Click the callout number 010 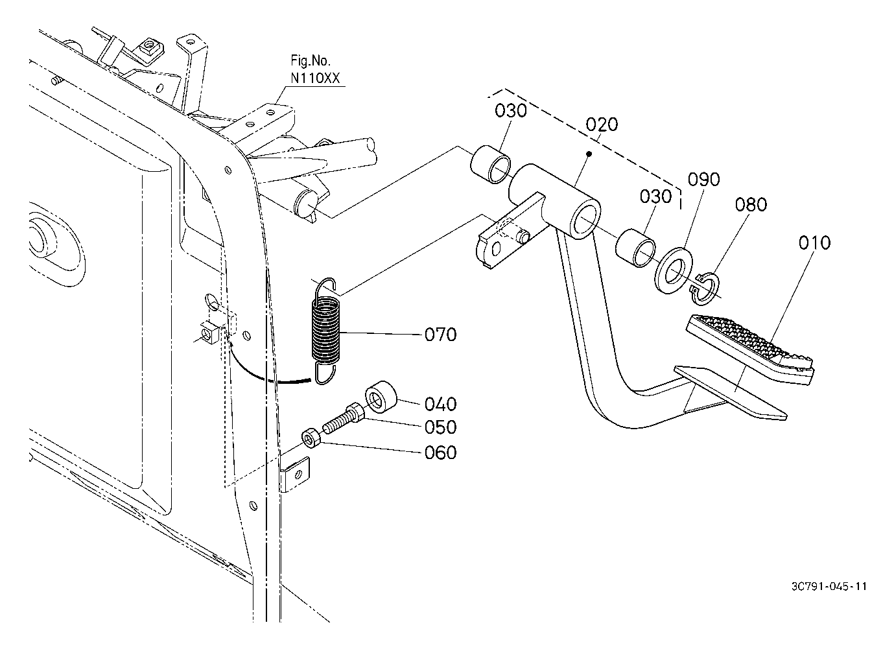click(x=814, y=243)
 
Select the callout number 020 click(x=602, y=124)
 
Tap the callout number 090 click(x=703, y=180)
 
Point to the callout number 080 click(x=751, y=205)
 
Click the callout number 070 click(x=441, y=335)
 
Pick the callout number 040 click(x=441, y=405)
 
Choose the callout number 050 click(x=441, y=427)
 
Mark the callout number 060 click(x=441, y=453)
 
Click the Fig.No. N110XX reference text click(x=315, y=69)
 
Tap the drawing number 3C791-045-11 click(x=829, y=586)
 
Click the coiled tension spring click(x=326, y=331)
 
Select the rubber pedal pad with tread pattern click(x=749, y=349)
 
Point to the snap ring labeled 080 click(x=705, y=289)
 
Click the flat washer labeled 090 click(x=674, y=270)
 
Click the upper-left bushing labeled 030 click(x=491, y=165)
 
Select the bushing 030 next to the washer click(x=635, y=248)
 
